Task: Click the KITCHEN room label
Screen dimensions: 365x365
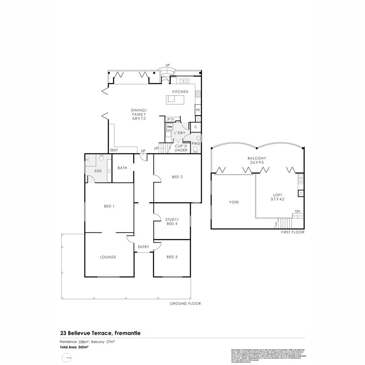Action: [180, 92]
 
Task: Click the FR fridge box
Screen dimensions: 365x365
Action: [198, 110]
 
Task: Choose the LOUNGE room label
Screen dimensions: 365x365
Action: [108, 257]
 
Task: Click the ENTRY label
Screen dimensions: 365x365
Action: [143, 247]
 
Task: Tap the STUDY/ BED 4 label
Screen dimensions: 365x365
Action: [172, 222]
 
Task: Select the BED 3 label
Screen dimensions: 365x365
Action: [172, 257]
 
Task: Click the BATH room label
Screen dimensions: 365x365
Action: [122, 168]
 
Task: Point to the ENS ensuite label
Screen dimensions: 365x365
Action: [98, 171]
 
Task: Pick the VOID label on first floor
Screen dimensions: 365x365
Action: [234, 202]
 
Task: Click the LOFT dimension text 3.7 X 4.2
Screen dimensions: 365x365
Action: [277, 199]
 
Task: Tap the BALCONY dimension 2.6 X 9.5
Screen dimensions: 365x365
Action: [257, 162]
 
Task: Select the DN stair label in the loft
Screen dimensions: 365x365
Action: [297, 211]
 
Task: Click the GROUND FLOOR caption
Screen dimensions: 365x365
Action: [185, 303]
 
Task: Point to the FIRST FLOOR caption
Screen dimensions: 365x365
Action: [293, 232]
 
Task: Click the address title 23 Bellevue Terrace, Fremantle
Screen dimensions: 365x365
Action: [100, 333]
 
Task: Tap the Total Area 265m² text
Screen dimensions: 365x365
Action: [74, 347]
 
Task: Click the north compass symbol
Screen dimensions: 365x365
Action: [67, 357]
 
